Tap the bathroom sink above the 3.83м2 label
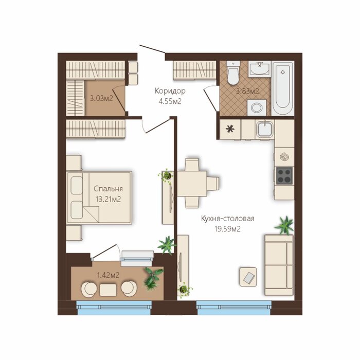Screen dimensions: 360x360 coord(260,68)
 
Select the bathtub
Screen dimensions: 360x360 coord(283,88)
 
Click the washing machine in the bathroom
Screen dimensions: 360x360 coord(257,107)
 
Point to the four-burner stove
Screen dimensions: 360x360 coord(284,176)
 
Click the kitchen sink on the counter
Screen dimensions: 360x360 coord(265,129)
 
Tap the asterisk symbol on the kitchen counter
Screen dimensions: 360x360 coord(230,129)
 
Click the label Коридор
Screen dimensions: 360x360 coord(170,91)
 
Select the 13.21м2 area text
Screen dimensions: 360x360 coord(108,199)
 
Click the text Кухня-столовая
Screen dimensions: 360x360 coord(227,219)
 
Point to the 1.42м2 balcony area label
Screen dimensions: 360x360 coord(108,275)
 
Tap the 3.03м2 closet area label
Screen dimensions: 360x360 coord(101,99)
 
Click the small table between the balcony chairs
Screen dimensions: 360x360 coord(108,290)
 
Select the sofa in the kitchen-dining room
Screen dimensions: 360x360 coord(279,265)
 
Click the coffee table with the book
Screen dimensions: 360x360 coord(248,277)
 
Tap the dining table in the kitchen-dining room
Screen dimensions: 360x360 coord(192,184)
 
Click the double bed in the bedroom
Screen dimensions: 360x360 coord(99,197)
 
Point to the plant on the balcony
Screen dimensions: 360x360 coord(152,278)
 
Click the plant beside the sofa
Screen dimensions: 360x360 coord(284,225)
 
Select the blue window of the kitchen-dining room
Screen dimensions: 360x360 coord(234,308)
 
